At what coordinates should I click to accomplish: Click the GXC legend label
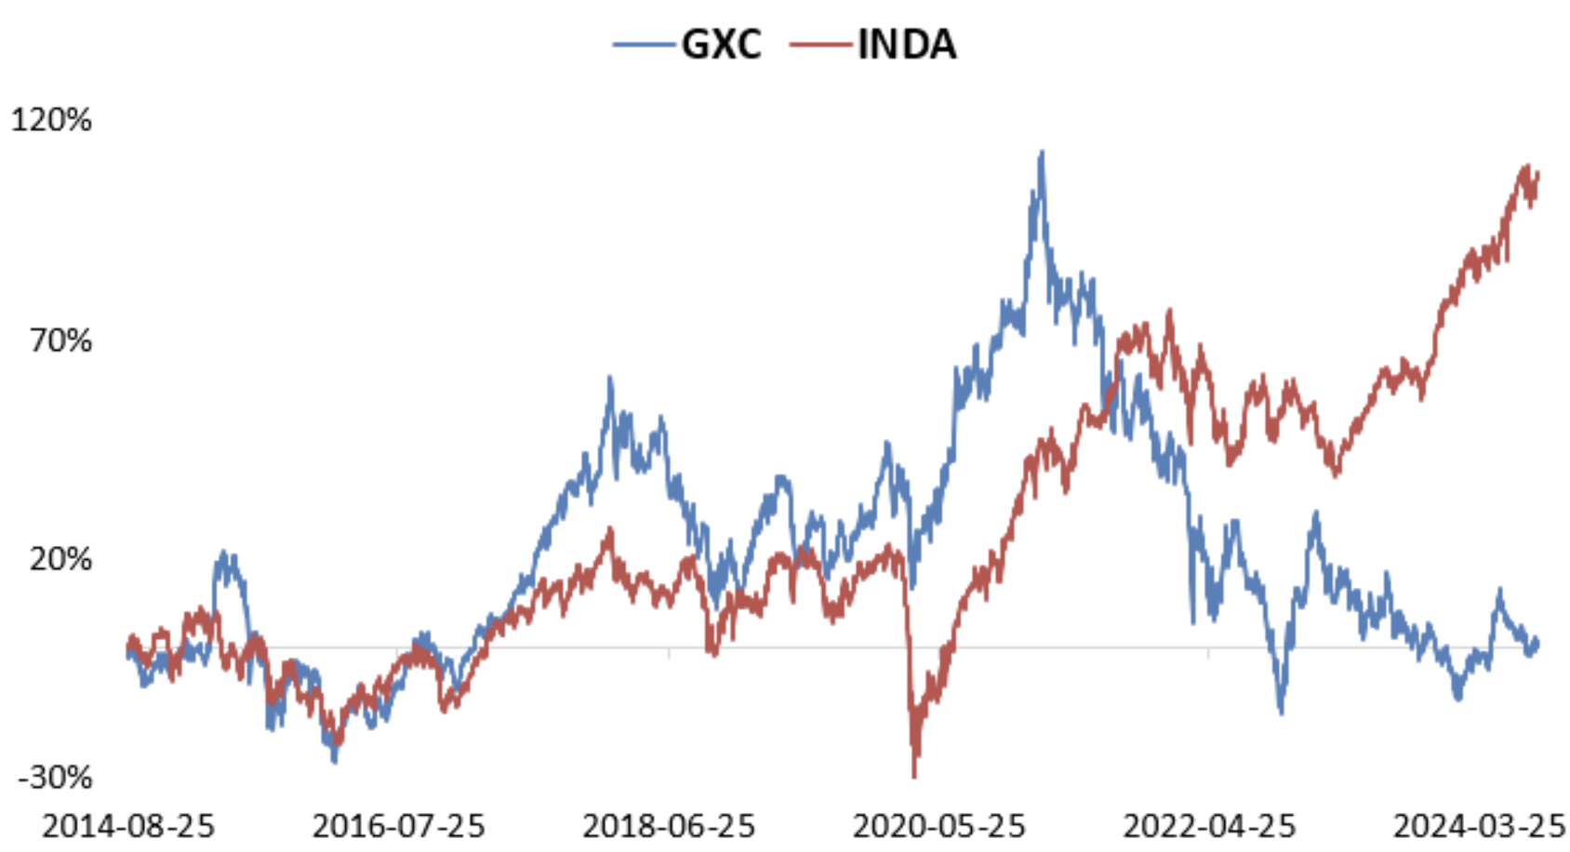[x=721, y=45]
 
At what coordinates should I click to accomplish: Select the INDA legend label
[x=906, y=45]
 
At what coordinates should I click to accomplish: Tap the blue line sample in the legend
[x=644, y=45]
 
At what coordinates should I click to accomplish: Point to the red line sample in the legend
[x=819, y=45]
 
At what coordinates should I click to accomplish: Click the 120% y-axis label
[x=51, y=120]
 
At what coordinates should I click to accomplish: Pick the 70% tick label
[x=60, y=340]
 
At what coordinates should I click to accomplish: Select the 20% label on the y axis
[x=60, y=559]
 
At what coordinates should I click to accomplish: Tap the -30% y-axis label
[x=55, y=778]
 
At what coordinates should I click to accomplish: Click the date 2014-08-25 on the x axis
[x=128, y=826]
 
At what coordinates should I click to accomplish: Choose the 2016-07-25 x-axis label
[x=398, y=826]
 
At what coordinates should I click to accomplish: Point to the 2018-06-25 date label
[x=669, y=826]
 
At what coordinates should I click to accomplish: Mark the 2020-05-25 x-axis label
[x=938, y=826]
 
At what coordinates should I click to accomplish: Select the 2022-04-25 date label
[x=1209, y=826]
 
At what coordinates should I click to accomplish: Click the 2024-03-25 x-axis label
[x=1479, y=826]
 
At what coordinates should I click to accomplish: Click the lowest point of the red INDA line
[x=914, y=775]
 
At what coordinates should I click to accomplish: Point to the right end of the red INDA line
[x=1538, y=173]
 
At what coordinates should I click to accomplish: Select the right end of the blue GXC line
[x=1537, y=642]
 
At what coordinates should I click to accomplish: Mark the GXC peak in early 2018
[x=610, y=378]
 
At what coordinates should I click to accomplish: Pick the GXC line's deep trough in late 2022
[x=1282, y=712]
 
